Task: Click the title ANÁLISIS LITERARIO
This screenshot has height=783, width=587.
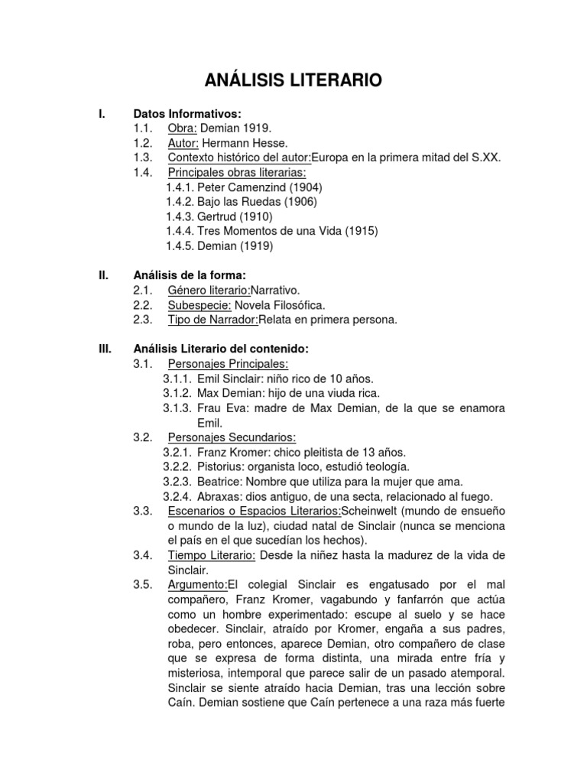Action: (293, 80)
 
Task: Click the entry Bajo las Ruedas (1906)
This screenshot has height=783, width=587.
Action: (241, 202)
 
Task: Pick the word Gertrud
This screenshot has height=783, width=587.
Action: (217, 216)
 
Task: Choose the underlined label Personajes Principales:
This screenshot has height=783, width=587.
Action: (228, 363)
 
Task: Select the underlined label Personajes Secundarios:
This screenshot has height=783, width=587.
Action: (232, 437)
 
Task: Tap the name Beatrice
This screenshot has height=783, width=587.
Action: (219, 481)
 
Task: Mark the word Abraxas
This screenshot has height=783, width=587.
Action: (219, 495)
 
